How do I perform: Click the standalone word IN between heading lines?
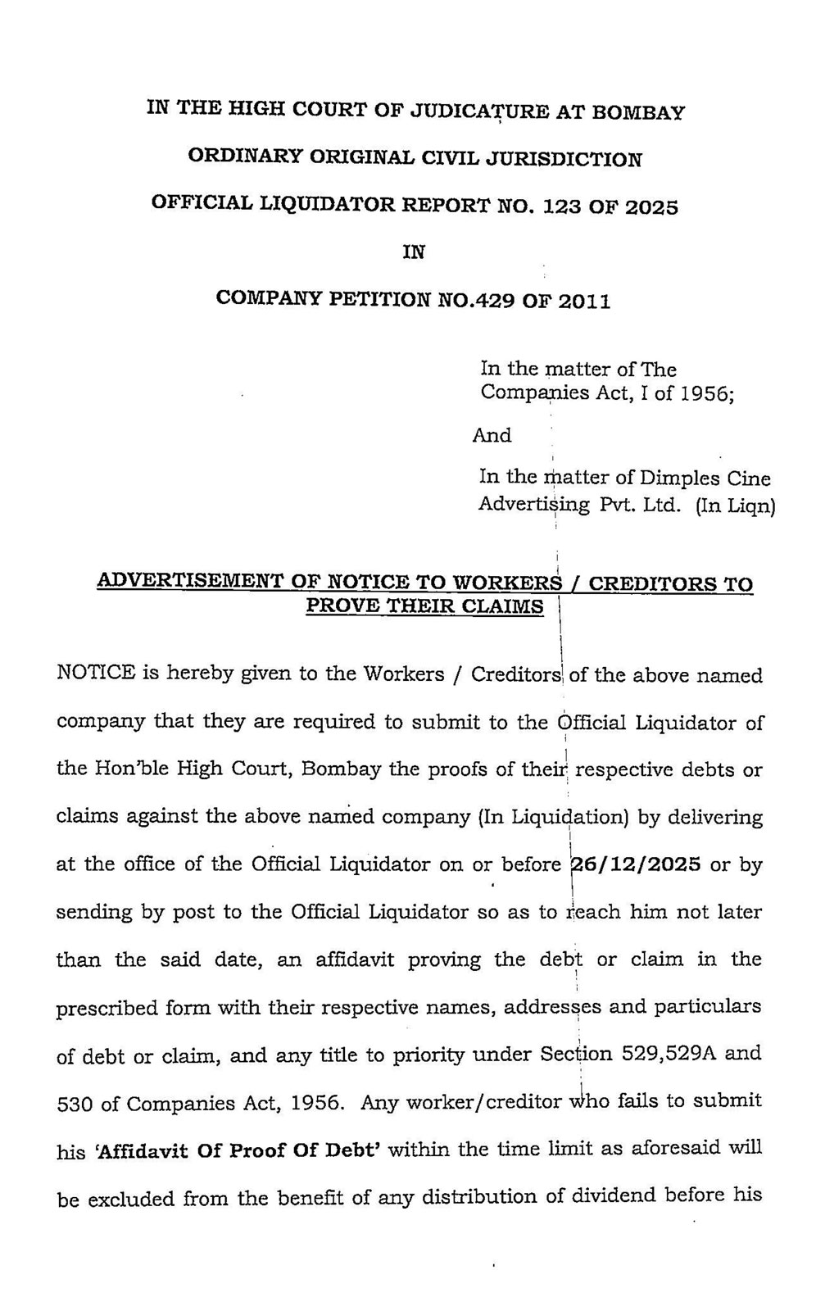[414, 253]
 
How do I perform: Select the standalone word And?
[492, 436]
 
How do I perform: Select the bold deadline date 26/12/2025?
[636, 864]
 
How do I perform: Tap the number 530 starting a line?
[75, 1103]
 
